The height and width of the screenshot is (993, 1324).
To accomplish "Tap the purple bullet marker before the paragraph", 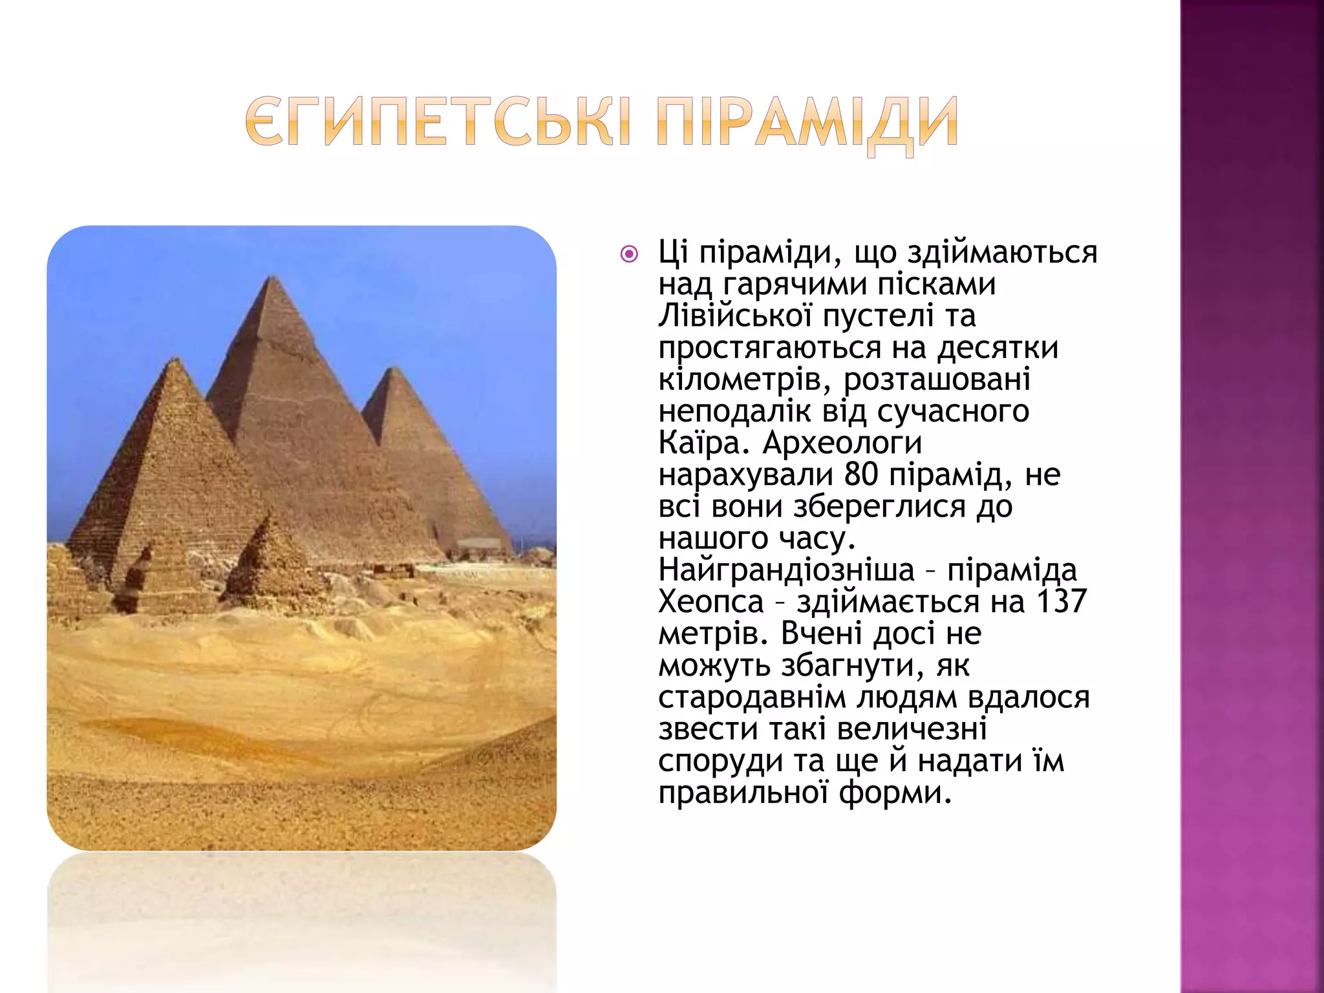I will pos(628,254).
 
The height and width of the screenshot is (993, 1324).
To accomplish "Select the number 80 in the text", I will pos(860,475).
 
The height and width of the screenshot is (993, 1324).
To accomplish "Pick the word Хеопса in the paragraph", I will pos(710,602).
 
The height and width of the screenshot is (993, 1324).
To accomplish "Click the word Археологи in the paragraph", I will pos(842,443).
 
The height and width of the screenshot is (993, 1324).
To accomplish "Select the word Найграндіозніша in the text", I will pos(786,570).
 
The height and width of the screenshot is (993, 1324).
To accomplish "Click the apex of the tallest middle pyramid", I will pos(273,277).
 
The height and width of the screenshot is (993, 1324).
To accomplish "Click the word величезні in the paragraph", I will pos(911,729).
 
